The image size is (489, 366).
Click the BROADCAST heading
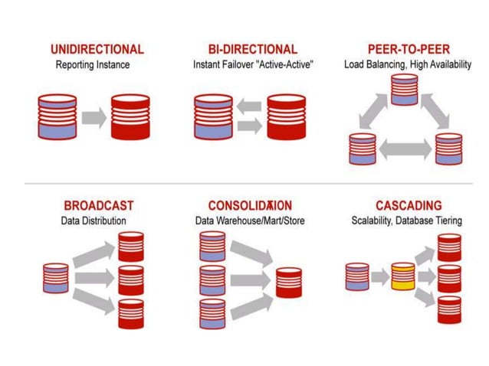(98, 206)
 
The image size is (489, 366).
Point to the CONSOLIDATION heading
(250, 206)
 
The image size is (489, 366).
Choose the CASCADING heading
(409, 206)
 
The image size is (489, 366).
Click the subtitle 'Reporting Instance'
(93, 65)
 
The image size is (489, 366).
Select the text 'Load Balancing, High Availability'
(407, 65)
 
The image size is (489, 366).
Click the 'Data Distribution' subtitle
(94, 221)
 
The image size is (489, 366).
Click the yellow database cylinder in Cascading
(403, 276)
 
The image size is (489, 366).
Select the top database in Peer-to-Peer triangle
(405, 90)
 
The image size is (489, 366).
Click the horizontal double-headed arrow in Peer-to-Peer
(405, 149)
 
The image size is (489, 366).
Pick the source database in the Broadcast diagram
(56, 277)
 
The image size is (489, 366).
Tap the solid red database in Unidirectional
(131, 116)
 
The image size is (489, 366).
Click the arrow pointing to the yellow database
(379, 276)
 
